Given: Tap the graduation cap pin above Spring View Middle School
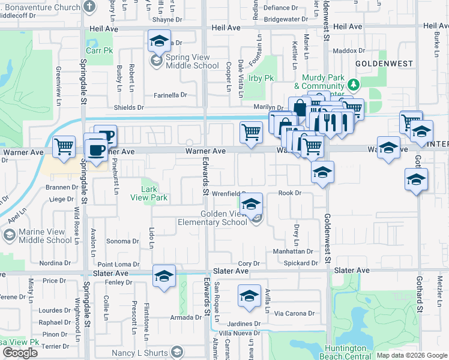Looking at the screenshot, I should (159, 41).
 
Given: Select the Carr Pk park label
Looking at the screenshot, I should (100, 51).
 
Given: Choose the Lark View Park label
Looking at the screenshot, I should (153, 193).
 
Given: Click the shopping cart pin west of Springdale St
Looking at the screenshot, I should (64, 146).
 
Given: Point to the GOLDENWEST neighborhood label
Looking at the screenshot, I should (376, 63).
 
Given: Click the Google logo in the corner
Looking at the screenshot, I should (20, 353).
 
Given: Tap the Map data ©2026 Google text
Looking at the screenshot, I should (411, 355).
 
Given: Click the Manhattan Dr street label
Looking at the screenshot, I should (294, 251).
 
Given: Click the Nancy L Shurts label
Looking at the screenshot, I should (138, 352).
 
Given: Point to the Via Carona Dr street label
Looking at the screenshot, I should (295, 313).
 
